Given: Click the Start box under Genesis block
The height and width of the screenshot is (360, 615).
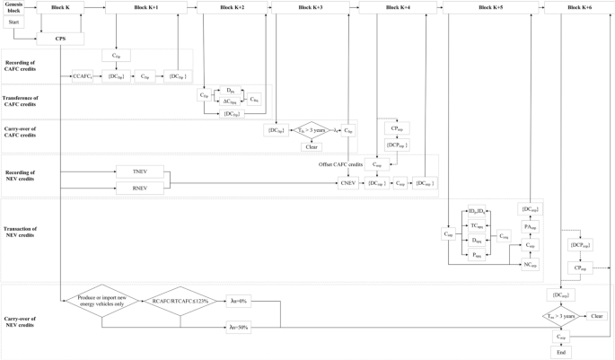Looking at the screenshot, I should pos(13,22).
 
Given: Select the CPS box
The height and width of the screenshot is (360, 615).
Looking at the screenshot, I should pos(61,40).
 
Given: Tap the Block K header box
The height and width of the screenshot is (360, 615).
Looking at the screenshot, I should pos(61,7).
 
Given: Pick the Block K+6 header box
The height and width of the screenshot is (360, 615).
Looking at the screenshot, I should pos(578,7).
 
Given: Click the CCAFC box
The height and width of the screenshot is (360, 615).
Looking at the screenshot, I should pos(83,77).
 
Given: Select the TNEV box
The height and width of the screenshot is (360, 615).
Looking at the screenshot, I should pos(139,171).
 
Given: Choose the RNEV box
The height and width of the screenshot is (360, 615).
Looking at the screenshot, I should pos(139,188).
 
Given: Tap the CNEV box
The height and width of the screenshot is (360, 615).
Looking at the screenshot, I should pos(347,183).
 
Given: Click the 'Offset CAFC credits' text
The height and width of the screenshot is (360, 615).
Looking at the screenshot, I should pos(341,164).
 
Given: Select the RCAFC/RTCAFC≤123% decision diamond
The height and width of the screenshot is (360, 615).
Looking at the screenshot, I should pos(180,302).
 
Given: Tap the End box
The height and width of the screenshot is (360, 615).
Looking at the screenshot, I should pos(561,353).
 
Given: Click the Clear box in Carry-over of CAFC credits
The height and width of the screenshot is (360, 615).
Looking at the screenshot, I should pos(312,146).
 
